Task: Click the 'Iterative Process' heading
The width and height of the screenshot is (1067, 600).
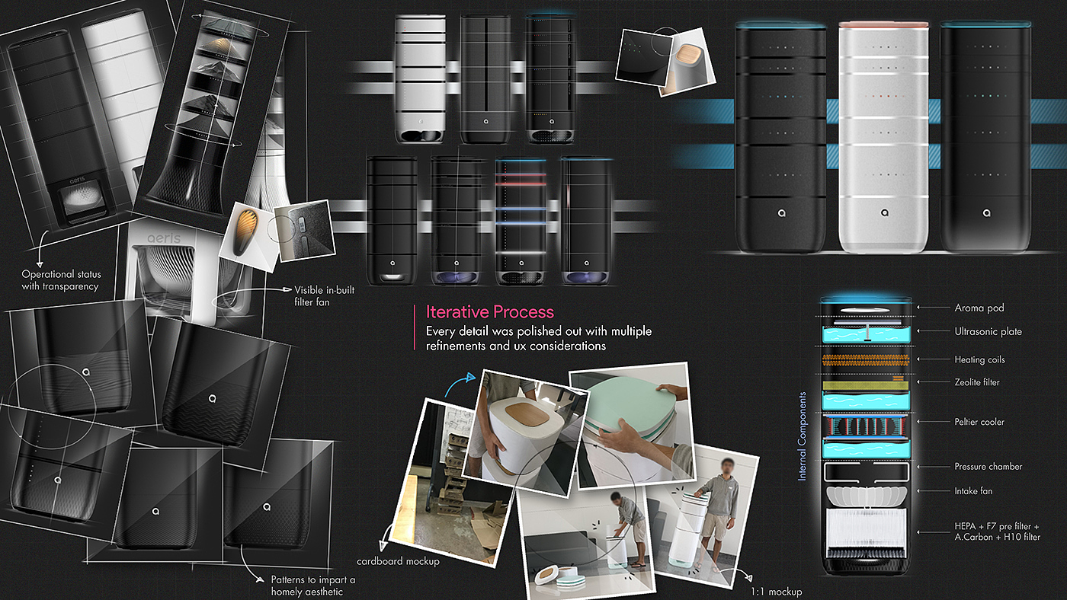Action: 489,312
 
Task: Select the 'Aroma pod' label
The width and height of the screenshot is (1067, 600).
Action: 979,308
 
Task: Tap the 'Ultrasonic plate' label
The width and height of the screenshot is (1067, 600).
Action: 988,332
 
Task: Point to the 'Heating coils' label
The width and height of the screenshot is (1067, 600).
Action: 979,359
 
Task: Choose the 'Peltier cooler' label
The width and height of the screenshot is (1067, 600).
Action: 979,422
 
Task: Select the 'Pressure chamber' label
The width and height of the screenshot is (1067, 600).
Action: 988,467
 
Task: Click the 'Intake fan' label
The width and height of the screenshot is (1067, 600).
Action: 973,491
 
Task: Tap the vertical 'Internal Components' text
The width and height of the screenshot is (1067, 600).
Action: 803,436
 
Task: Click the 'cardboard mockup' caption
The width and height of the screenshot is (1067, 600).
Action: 398,561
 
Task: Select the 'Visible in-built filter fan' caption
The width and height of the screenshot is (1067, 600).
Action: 325,295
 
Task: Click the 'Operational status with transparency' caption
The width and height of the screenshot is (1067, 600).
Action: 61,280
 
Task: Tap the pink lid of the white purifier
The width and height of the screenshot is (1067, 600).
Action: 883,25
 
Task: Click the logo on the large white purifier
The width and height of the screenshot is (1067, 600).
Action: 883,214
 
